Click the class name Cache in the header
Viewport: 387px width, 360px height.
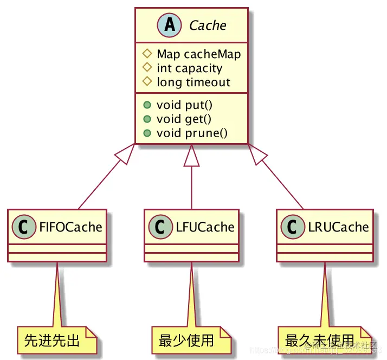click(208, 25)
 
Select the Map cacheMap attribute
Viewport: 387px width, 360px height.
click(198, 54)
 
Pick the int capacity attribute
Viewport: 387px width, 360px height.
click(189, 68)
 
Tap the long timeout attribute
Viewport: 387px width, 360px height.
click(193, 82)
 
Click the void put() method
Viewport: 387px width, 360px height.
click(183, 105)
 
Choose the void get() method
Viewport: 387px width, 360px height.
click(184, 119)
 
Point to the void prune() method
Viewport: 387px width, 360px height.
click(192, 133)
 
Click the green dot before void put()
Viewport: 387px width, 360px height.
click(146, 105)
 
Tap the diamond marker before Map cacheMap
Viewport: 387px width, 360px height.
click(146, 54)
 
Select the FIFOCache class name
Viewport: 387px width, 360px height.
click(70, 227)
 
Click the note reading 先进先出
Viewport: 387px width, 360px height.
click(52, 341)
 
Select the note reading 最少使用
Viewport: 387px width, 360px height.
click(186, 341)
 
